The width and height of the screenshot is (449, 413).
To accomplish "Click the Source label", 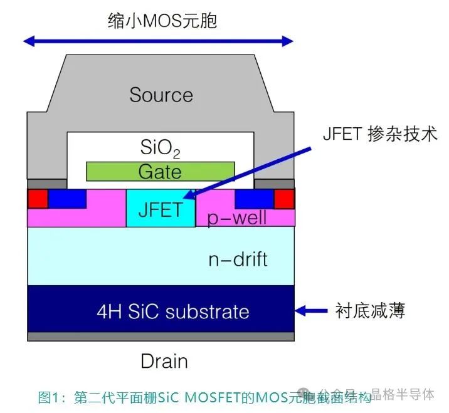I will (161, 95).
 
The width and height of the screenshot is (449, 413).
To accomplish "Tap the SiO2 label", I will (161, 149).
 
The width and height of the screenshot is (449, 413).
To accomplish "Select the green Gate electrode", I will (160, 171).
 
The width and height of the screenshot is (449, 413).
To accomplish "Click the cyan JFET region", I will (161, 208).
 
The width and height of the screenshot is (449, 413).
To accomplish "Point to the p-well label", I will (237, 218).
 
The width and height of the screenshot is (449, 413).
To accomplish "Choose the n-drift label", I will (237, 259).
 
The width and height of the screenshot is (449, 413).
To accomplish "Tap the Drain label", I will (164, 361).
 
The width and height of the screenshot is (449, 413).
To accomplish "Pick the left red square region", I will (38, 199).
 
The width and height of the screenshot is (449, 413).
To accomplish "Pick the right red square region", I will (284, 199).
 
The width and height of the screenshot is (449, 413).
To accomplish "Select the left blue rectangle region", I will (67, 198).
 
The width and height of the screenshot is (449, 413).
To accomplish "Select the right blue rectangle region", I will (254, 198).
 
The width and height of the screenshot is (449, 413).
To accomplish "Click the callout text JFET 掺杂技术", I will (379, 134).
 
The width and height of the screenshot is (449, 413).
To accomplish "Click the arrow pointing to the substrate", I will (312, 310).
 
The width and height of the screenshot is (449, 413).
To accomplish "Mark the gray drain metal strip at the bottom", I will (161, 337).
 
